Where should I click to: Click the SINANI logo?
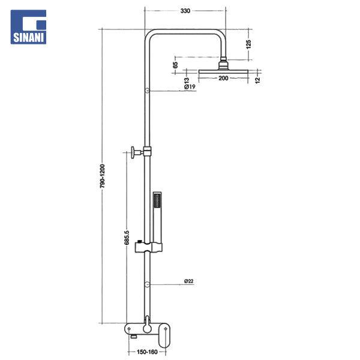point(28,27)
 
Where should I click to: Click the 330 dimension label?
point(185,11)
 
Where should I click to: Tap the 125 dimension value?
point(248,44)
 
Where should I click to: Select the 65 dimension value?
point(175,65)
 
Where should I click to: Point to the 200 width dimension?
point(223,78)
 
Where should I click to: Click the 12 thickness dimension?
point(257,80)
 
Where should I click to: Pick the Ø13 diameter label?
point(187,81)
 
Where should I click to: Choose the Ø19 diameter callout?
point(190,87)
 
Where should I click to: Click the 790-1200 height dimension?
point(102,176)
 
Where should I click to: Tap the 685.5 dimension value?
point(127,238)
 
